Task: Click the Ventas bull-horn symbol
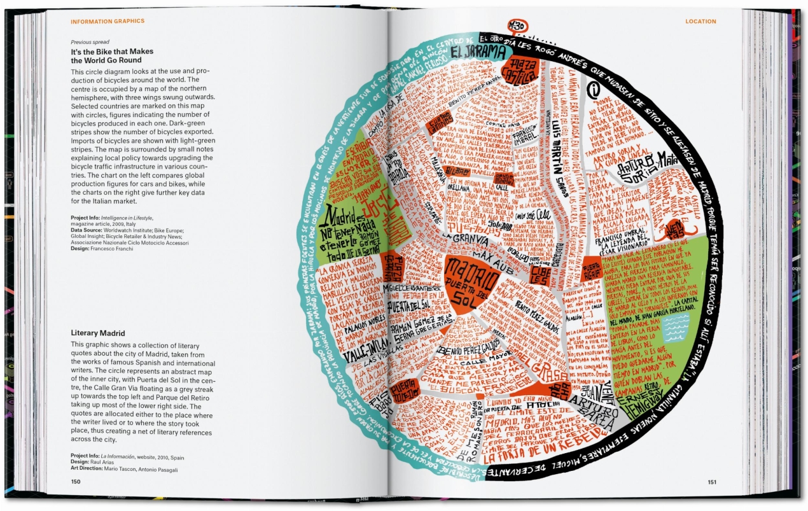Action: pos(676,226)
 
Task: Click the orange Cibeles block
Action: pos(541,275)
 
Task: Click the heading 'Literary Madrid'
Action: pos(98,333)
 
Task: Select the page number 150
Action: pos(76,482)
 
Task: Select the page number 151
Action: pos(712,482)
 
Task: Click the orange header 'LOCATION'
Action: pos(700,22)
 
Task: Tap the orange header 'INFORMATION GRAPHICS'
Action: pos(108,22)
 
